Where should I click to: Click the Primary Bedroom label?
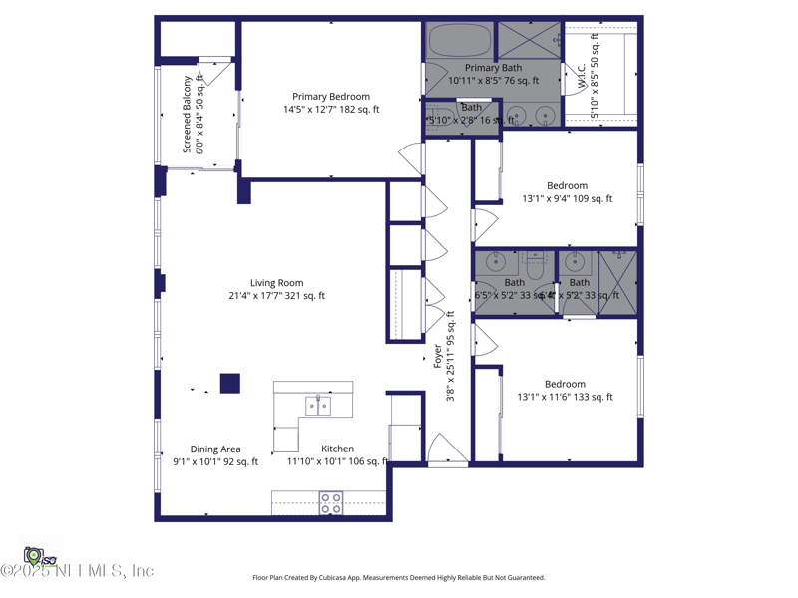330,103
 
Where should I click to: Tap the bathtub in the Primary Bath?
460,42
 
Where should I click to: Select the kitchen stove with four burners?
330,503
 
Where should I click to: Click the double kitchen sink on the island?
318,406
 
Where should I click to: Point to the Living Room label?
276,289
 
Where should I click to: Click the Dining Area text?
215,455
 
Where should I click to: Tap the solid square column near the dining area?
229,383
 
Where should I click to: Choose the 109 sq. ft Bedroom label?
567,192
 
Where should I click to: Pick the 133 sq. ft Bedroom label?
565,391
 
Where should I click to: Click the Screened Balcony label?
193,114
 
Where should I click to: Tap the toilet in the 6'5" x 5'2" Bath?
534,266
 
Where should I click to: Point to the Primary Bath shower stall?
529,41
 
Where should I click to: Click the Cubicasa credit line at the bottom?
398,578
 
